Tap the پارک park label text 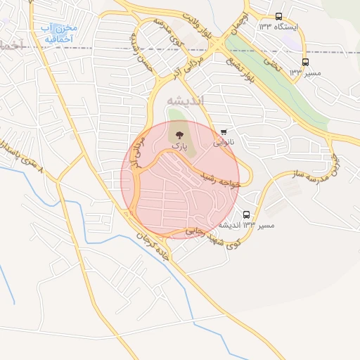pos(181,143)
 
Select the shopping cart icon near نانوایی pos(224,131)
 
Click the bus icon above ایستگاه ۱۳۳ pos(279,16)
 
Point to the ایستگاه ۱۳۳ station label pos(278,27)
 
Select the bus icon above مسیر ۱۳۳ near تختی pos(305,62)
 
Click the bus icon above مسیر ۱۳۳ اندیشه pos(246,214)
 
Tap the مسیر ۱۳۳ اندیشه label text pos(246,226)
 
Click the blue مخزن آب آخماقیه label pos(60,34)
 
